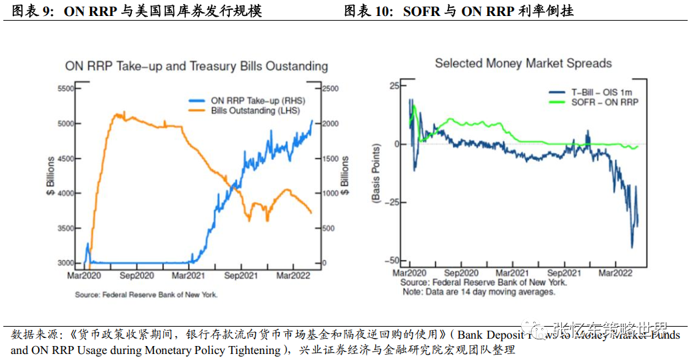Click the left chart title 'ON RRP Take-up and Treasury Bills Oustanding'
click(x=196, y=67)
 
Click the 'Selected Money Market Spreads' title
click(x=523, y=63)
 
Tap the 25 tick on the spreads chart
click(x=392, y=86)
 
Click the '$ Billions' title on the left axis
click(x=50, y=175)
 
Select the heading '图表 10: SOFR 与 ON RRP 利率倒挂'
click(x=459, y=11)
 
